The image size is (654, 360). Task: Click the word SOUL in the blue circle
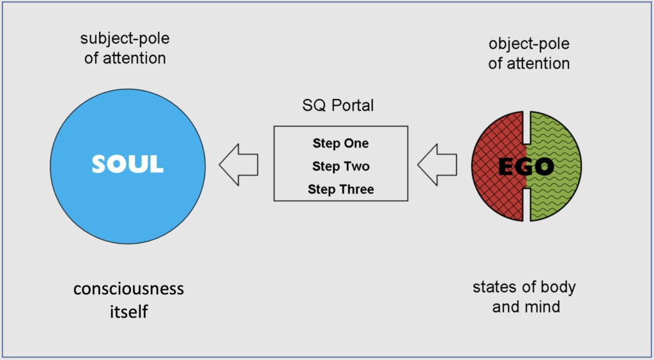tap(128, 165)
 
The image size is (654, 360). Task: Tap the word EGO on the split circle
tap(526, 167)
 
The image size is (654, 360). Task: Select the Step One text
tap(341, 144)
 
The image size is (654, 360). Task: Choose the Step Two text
tap(341, 166)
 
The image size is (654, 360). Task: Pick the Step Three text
tap(341, 189)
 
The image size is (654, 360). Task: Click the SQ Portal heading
tap(338, 105)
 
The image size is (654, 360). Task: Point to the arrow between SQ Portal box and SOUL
tap(239, 165)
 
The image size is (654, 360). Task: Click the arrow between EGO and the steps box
tap(437, 165)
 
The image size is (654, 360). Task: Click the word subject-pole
tap(125, 39)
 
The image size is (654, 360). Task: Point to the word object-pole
tap(529, 44)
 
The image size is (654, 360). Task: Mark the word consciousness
tap(128, 289)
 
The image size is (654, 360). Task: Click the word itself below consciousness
tap(129, 311)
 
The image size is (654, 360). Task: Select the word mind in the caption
tap(544, 306)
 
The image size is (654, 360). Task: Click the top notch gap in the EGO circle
tap(526, 127)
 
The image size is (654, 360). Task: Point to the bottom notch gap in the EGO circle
tap(526, 204)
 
